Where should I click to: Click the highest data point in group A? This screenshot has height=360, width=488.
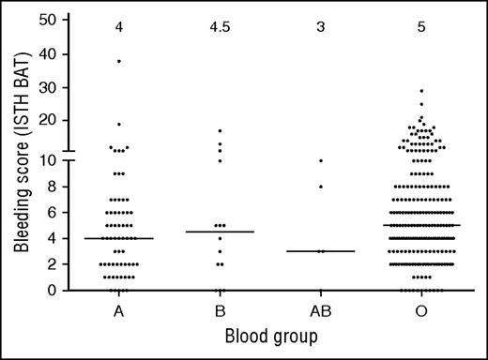pyautogui.click(x=118, y=61)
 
